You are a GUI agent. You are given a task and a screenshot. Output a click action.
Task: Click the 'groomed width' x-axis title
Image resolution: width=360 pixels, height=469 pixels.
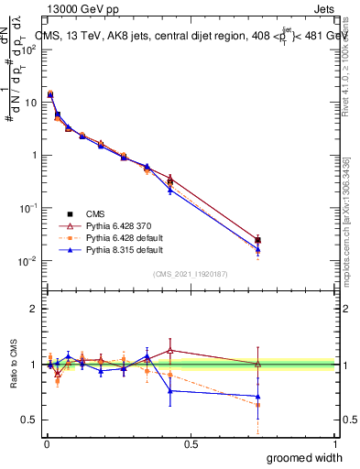pos(304,457)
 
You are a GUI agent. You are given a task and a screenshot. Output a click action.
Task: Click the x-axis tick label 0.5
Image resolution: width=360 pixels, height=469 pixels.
pos(191,444)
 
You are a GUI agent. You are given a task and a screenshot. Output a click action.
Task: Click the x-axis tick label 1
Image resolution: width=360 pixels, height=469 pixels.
pos(334,444)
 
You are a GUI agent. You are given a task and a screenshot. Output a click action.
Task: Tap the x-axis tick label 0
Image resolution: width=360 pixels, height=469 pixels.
pos(46,444)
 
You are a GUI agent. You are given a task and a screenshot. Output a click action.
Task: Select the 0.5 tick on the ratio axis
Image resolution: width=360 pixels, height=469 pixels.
pos(30,420)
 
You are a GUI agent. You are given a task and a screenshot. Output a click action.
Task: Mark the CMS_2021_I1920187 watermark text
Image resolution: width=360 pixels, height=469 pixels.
pos(190,273)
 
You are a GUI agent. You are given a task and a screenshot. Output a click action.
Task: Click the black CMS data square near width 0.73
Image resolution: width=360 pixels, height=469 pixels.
pos(257,241)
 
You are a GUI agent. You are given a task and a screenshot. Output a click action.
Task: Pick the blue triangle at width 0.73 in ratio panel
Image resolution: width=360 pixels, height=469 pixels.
pos(257,397)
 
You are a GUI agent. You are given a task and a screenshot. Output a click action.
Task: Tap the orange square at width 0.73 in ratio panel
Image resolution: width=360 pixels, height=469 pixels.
pos(257,404)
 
